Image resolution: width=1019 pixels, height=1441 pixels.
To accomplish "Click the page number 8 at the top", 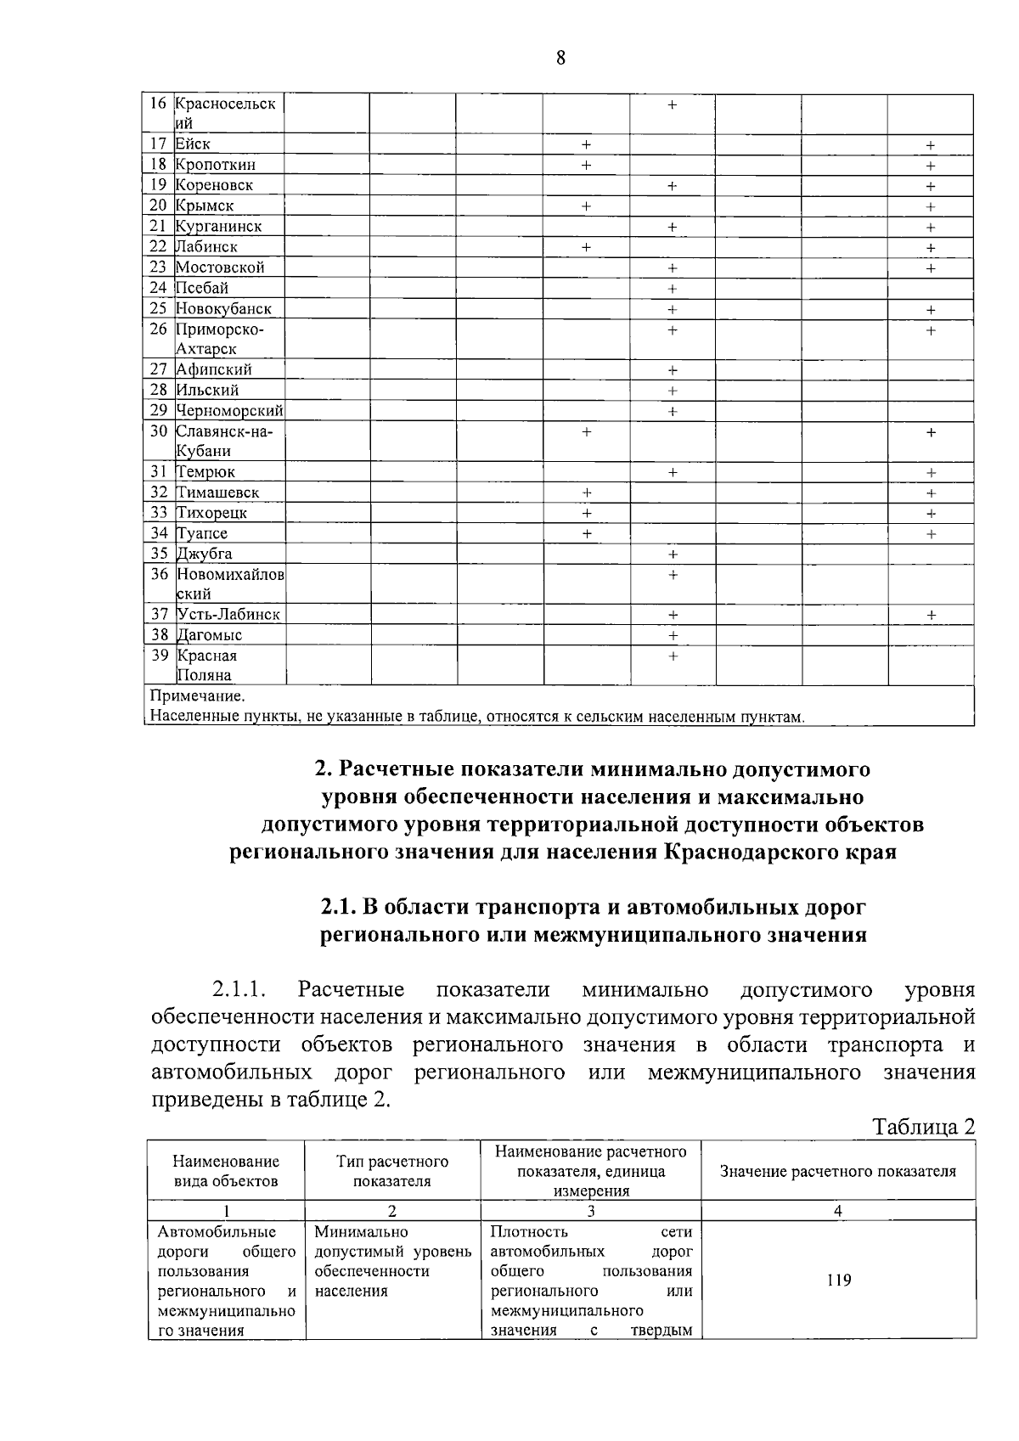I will click(x=560, y=58).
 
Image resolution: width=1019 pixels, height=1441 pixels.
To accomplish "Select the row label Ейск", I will click(x=194, y=144).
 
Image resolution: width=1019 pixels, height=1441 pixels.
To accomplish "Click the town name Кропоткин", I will click(x=216, y=165).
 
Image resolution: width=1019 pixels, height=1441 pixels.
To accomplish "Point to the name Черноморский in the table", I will click(x=229, y=411).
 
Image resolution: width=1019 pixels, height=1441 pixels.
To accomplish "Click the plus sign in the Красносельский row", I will click(x=672, y=104).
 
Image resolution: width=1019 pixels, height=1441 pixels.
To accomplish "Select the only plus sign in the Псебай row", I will click(x=672, y=289).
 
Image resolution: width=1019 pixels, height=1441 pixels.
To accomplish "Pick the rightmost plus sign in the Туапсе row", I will click(x=931, y=534).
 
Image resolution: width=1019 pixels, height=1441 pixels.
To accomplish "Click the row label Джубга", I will click(x=204, y=554).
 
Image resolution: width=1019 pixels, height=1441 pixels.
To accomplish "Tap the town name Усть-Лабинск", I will click(x=228, y=614).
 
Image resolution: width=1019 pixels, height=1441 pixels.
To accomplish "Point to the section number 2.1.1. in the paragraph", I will click(x=240, y=990).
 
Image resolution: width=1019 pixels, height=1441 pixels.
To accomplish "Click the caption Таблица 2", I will click(x=924, y=1127).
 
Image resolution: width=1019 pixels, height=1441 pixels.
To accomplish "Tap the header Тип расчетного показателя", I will click(x=392, y=1171).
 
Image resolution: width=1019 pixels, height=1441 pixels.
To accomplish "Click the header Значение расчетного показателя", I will click(x=838, y=1172).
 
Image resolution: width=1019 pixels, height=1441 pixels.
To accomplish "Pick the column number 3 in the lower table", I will click(x=591, y=1212).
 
